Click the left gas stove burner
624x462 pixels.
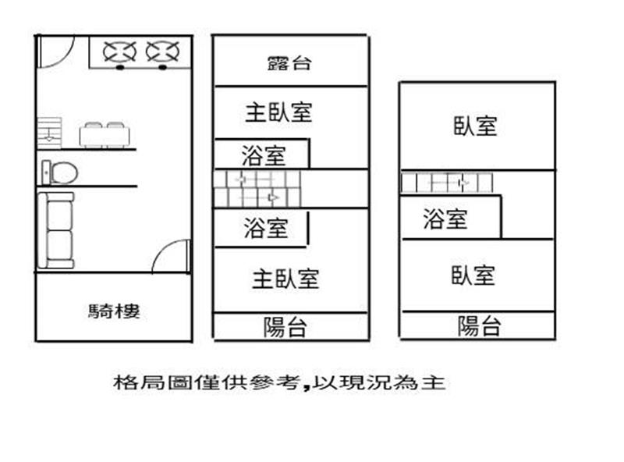coord(120,52)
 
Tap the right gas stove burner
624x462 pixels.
coord(162,52)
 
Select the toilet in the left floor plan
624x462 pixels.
coord(60,170)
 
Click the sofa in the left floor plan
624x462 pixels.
coord(58,229)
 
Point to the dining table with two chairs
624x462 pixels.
coord(104,135)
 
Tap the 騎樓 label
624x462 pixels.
coord(115,312)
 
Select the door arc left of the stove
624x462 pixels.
coord(55,52)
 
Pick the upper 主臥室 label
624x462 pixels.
coord(278,112)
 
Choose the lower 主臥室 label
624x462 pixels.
coord(285,279)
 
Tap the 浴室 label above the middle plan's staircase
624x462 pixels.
coord(264,156)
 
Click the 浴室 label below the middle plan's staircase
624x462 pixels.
coord(265,228)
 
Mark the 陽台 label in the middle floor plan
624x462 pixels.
coord(285,327)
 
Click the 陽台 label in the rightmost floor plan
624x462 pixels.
coord(479,326)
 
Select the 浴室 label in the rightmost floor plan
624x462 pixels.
coord(445,219)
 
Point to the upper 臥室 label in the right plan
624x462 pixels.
coord(475,126)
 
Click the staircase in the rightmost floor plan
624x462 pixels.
coord(448,183)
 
